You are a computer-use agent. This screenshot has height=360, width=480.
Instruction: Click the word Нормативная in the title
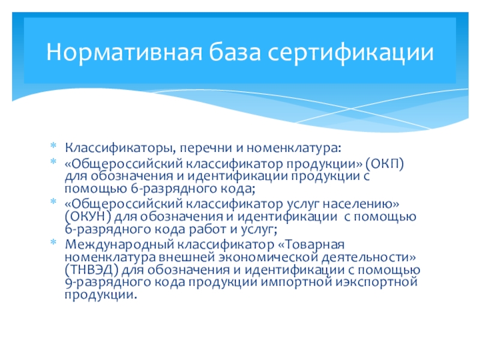[124, 52]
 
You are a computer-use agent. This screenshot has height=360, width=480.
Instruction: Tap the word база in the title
[235, 52]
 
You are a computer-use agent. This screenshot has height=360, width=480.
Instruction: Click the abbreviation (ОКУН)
[88, 217]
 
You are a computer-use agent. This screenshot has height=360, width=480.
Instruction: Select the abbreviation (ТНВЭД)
[92, 270]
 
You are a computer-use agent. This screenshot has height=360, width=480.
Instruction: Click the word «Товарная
[311, 245]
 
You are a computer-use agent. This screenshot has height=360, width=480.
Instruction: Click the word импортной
[296, 282]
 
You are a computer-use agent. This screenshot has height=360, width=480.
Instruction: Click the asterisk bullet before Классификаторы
[53, 146]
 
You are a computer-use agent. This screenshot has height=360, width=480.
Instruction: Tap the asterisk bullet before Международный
[53, 242]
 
